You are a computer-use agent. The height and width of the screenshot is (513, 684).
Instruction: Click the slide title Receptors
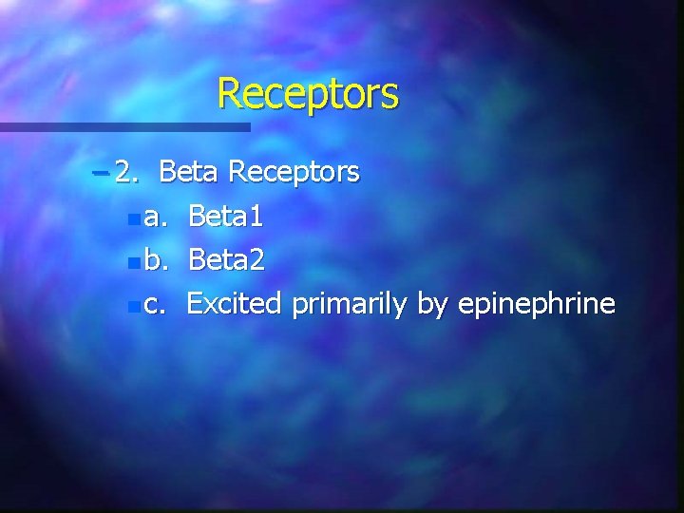tap(308, 94)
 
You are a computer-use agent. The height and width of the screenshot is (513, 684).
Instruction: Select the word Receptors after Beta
tap(294, 172)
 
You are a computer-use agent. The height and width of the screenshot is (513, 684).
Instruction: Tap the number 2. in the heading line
tap(127, 172)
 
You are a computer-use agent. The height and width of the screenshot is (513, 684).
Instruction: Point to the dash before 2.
tap(102, 173)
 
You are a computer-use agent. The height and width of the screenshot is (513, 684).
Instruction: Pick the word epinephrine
tap(537, 305)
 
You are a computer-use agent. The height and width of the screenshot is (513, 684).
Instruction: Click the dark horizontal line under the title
tap(124, 126)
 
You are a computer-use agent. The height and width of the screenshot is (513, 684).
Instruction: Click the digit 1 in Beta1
tap(256, 218)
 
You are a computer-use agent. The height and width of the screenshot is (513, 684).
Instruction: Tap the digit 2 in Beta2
tap(256, 261)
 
